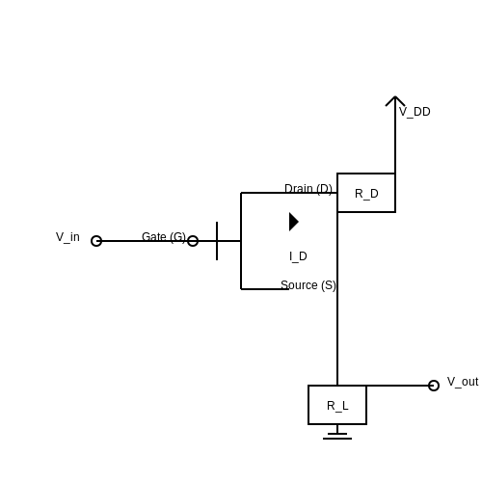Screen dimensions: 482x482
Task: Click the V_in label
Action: [x=67, y=237]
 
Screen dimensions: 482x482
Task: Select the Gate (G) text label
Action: [x=164, y=237]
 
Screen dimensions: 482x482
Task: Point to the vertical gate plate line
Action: [x=217, y=241]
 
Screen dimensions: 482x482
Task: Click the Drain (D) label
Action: [x=308, y=189]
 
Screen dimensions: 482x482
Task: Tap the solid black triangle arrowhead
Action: [x=294, y=222]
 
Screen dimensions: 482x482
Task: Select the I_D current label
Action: [x=298, y=256]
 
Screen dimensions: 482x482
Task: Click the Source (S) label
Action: [x=308, y=285]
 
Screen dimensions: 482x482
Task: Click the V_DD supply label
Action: [x=415, y=112]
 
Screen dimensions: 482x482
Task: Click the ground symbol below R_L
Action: [x=337, y=436]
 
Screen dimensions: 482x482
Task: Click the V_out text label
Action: [x=463, y=382]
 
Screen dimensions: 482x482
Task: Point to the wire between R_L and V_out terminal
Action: [x=397, y=386]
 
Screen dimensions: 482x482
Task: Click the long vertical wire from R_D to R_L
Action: [x=337, y=299]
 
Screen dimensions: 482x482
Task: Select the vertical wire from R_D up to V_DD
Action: [x=395, y=135]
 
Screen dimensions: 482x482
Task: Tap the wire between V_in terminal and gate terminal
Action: [x=145, y=241]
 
